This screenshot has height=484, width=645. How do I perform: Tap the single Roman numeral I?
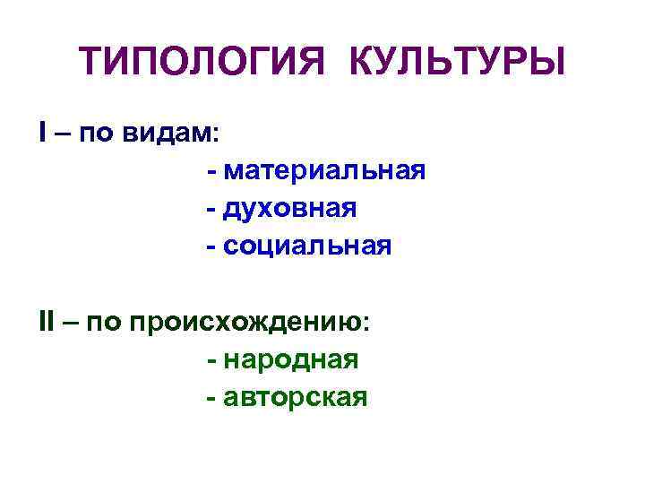pos(42,133)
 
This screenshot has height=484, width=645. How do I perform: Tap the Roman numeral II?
pos(47,322)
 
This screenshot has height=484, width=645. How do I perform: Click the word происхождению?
pos(248,324)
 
